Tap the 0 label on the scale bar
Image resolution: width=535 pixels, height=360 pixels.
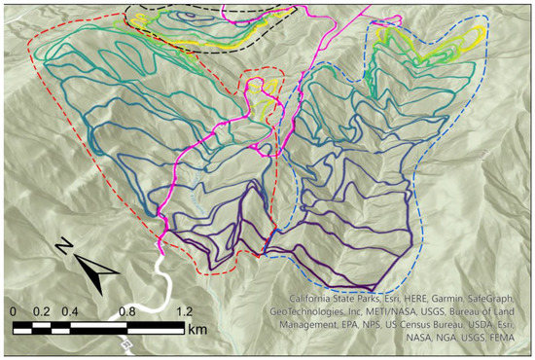[13, 312]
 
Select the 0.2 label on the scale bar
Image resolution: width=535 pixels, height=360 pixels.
[42, 312]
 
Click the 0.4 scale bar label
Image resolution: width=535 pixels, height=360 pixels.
[71, 312]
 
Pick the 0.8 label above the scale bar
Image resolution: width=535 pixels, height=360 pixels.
[126, 312]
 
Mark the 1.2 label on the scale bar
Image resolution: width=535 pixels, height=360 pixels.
[184, 312]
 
